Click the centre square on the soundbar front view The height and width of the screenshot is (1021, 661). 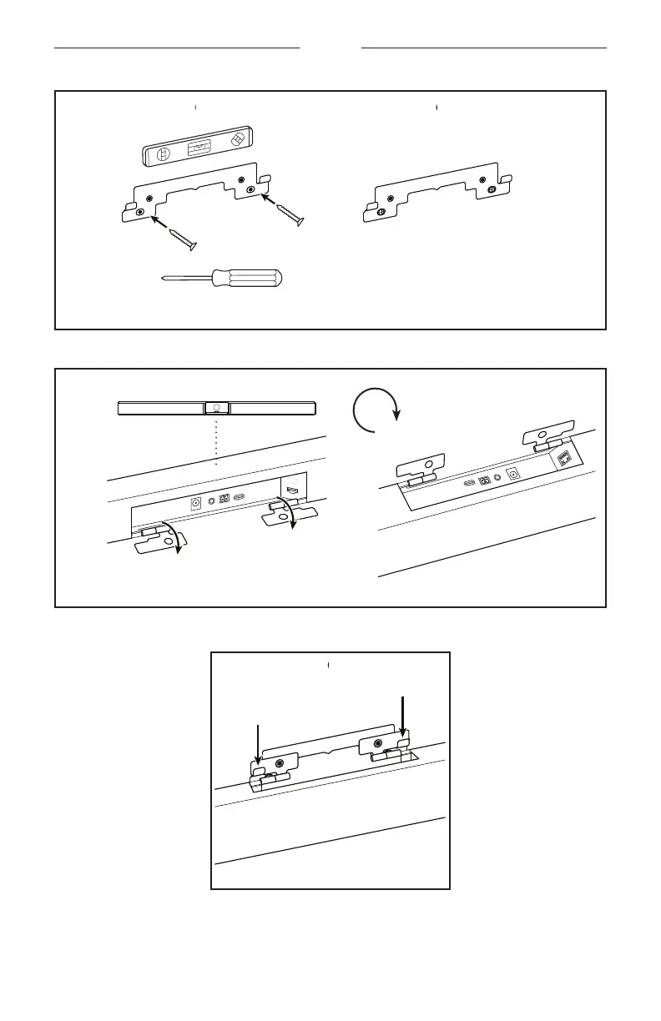coord(216,408)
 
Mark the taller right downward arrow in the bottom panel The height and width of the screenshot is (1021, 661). coord(402,717)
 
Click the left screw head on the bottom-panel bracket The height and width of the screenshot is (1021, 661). coord(279,762)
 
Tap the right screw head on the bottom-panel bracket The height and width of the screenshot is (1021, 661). coord(379,742)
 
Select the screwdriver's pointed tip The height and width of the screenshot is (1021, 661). coord(163,282)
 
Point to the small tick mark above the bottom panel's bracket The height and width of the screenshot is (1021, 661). coord(329,665)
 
